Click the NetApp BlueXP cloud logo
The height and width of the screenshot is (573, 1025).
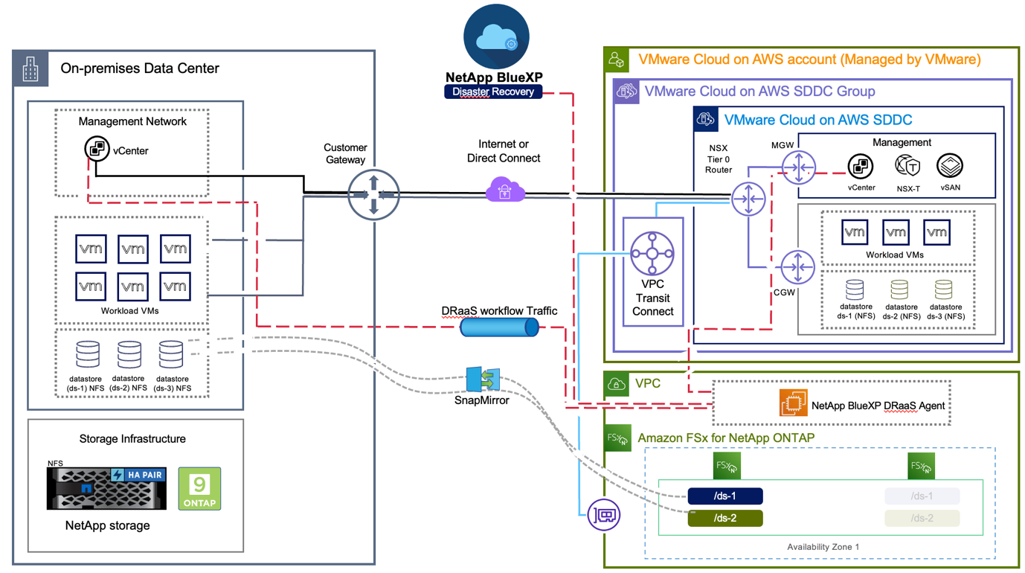(x=496, y=37)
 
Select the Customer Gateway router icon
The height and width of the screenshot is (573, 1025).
(x=373, y=195)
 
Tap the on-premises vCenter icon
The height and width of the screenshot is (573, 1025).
(x=97, y=150)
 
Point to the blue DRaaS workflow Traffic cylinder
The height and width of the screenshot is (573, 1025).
(x=499, y=327)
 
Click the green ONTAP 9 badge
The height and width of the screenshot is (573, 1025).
(x=199, y=488)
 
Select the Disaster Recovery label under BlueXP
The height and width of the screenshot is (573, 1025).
(x=493, y=92)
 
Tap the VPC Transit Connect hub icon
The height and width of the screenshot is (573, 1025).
(x=652, y=253)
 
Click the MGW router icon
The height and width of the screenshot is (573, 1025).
(x=798, y=167)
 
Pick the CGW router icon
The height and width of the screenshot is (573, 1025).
(x=798, y=266)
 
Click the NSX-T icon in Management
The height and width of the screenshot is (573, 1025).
(x=907, y=166)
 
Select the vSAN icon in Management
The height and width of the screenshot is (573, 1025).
(x=950, y=166)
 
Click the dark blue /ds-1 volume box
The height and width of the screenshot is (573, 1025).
(x=725, y=496)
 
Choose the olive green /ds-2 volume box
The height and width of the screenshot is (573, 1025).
(x=725, y=518)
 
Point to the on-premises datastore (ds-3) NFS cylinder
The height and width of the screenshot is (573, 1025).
(x=171, y=355)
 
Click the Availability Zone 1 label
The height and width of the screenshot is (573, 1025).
(x=823, y=547)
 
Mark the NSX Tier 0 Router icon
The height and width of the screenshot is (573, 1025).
(x=748, y=199)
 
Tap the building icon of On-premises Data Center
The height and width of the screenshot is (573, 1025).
(x=30, y=69)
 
